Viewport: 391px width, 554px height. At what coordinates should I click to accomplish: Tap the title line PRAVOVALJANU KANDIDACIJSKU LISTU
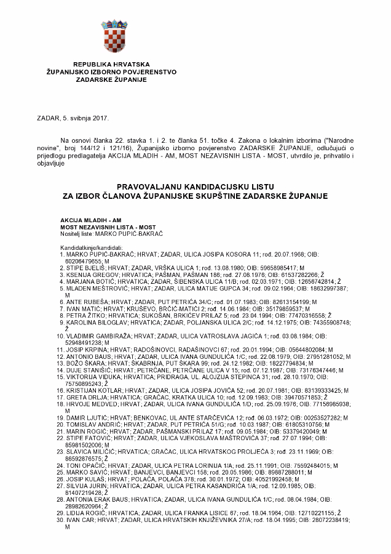coord(195,185)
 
